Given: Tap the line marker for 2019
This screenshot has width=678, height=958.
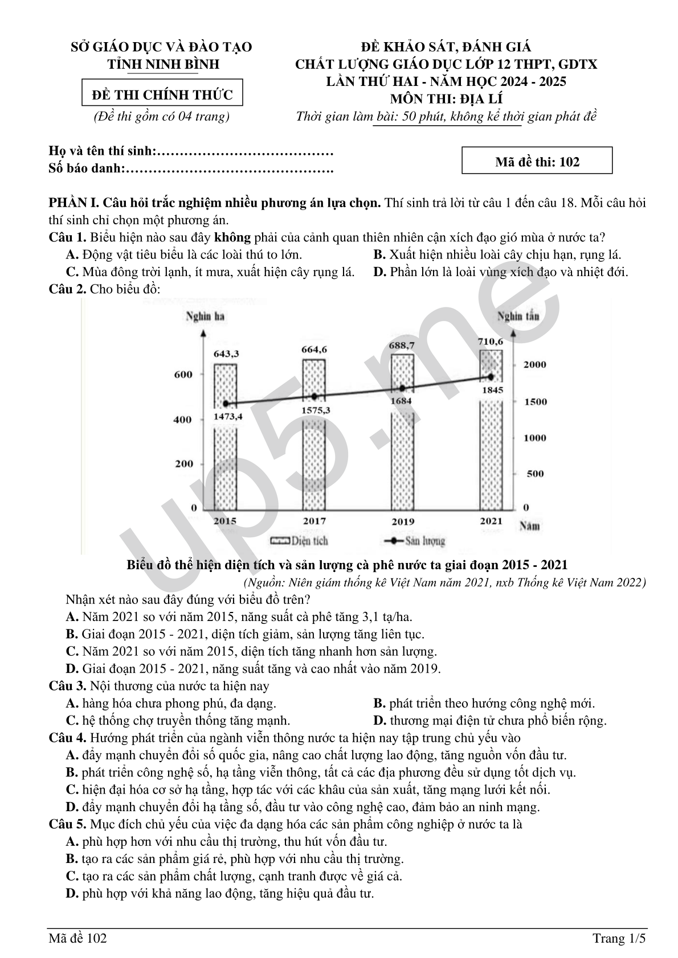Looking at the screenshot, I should [402, 388].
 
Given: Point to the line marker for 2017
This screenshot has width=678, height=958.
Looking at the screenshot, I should [314, 396].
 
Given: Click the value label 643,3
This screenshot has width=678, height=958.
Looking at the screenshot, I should [226, 353].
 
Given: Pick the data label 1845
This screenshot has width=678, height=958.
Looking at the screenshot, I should [492, 390].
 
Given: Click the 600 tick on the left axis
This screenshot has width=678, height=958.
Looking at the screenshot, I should [183, 375].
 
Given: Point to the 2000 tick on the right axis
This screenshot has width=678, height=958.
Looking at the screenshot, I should [535, 365].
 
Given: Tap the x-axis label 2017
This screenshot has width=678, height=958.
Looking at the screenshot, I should [314, 521].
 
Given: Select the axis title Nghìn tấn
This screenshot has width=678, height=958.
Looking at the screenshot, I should [518, 316].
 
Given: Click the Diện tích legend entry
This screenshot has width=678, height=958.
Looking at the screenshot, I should [299, 541].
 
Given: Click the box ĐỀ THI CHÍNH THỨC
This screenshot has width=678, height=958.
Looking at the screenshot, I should [162, 94].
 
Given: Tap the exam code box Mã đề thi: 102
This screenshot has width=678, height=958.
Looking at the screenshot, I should [537, 162].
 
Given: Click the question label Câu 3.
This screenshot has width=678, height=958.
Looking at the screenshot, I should [67, 686].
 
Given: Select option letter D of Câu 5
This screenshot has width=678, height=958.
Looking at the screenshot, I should [72, 893].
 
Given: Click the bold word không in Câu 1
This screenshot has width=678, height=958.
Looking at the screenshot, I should [232, 237].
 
